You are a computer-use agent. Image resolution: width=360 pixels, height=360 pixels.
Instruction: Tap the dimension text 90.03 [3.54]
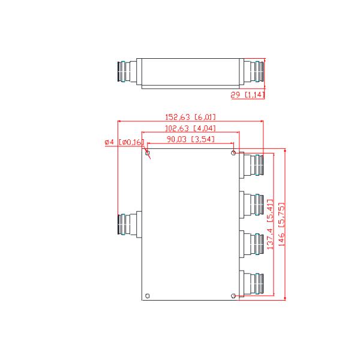click(x=190, y=140)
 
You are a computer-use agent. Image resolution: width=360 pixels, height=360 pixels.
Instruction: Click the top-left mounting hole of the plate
click(x=147, y=153)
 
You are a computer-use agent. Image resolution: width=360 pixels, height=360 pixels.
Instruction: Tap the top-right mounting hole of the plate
click(x=233, y=153)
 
